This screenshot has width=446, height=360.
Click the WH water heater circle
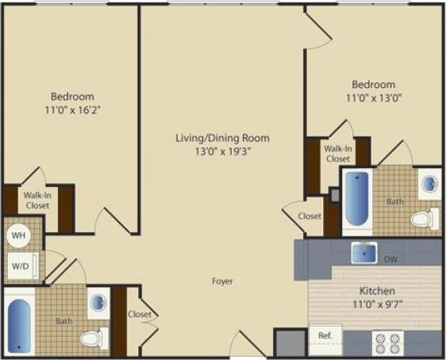[19, 235]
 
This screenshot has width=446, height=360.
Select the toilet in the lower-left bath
[92, 339]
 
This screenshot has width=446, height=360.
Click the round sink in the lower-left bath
[96, 303]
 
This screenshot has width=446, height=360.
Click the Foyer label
[221, 281]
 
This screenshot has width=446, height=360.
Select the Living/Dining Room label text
[222, 138]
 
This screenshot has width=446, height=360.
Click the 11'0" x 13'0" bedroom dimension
[373, 100]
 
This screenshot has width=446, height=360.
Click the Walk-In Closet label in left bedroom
[37, 200]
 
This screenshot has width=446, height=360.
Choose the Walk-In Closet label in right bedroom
[337, 153]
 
